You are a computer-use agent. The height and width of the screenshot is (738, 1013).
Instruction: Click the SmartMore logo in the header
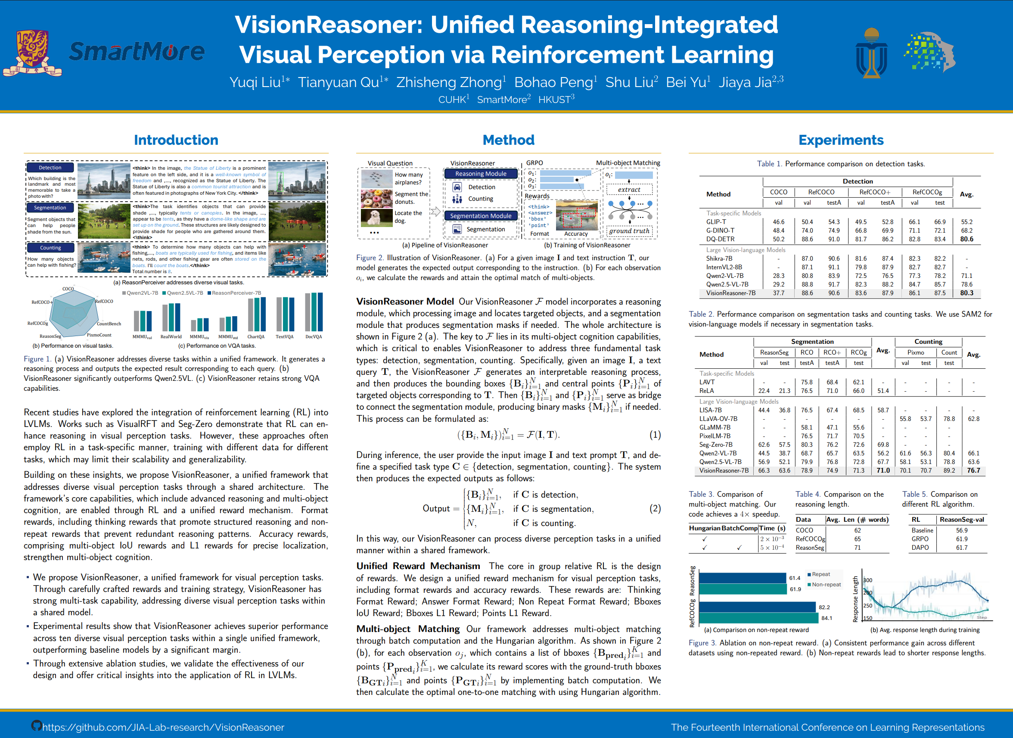point(137,52)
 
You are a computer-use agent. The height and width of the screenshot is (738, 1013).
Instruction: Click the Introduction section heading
point(176,140)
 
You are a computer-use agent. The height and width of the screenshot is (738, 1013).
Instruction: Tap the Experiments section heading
point(841,140)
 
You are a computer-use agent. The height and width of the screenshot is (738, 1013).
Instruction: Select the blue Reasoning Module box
point(480,174)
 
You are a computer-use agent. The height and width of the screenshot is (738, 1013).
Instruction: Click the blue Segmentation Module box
point(480,216)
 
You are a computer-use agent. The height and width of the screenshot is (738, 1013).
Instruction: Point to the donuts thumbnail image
point(376,198)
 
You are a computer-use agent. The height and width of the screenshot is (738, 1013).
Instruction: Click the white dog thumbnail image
point(376,218)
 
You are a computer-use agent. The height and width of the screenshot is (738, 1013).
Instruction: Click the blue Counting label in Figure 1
point(50,248)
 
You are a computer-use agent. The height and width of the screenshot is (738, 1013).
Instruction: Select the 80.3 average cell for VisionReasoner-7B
point(966,293)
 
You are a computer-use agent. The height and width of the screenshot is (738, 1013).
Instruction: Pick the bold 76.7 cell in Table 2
point(973,470)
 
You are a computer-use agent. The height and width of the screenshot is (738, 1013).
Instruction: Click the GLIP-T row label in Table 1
point(716,222)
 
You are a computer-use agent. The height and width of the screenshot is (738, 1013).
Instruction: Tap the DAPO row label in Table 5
point(920,548)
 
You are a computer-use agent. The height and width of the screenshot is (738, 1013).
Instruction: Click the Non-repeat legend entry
point(825,584)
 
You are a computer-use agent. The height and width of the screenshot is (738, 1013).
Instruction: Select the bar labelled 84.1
point(758,618)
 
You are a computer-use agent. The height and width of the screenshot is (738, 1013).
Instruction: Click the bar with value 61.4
point(742,578)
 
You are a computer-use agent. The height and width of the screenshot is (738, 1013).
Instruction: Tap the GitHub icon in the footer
point(36,726)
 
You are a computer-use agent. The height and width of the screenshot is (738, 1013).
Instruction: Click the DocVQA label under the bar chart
point(314,337)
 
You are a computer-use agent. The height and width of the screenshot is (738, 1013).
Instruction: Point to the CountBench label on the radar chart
point(109,324)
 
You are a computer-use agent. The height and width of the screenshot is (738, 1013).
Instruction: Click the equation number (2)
point(655,508)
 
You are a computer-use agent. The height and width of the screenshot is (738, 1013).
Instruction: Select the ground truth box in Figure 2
point(629,231)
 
